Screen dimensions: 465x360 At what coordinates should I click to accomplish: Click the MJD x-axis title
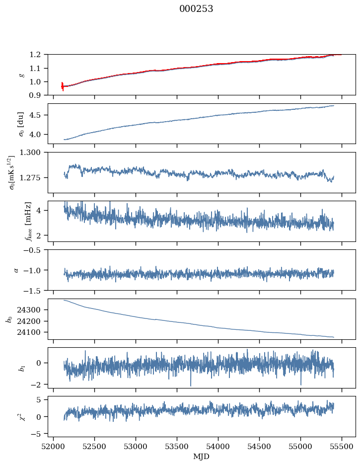coord(202,457)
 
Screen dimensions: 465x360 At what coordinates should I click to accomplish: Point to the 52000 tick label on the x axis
coord(54,447)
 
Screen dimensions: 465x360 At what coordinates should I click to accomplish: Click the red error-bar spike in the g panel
coord(62,86)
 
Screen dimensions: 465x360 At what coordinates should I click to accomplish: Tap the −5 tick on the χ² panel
coord(38,434)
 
